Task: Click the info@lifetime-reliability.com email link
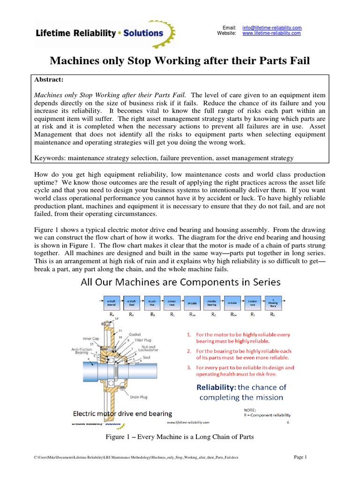[x=272, y=28]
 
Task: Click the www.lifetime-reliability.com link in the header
[x=271, y=34]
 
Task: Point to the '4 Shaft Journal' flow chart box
[x=111, y=303]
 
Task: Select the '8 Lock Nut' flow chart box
[x=152, y=303]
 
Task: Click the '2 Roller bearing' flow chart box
[x=213, y=303]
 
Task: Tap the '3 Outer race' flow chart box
[x=253, y=303]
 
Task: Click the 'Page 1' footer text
[x=300, y=457]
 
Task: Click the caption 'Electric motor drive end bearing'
[x=122, y=413]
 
